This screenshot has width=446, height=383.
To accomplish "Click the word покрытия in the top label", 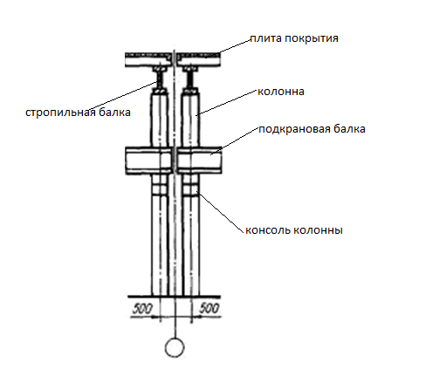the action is [x=312, y=39].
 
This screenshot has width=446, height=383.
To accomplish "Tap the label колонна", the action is [x=281, y=92].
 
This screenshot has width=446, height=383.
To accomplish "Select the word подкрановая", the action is [x=294, y=129].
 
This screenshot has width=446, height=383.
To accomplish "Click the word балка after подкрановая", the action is [x=349, y=128].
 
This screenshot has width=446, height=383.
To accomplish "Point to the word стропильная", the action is [x=60, y=113].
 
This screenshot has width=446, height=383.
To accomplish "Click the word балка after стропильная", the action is [x=114, y=113].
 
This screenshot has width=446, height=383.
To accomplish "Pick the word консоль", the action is [x=268, y=230].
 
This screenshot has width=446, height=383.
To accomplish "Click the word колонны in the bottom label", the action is [x=318, y=230].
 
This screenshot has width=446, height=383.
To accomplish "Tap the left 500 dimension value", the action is [x=142, y=309].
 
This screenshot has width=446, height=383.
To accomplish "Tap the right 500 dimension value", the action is [x=209, y=308].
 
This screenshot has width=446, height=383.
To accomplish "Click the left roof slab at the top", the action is [x=148, y=60].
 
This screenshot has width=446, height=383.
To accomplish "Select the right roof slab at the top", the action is [x=198, y=60].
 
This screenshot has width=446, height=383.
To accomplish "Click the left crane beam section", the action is [x=148, y=161].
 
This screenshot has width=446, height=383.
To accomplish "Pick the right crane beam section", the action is [x=200, y=161].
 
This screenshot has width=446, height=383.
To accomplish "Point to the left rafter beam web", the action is [x=160, y=79].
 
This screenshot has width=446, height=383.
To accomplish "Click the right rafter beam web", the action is [x=190, y=79].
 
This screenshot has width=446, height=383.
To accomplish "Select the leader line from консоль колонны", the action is [x=220, y=212].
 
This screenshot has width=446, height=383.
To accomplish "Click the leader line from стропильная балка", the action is [x=123, y=96].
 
